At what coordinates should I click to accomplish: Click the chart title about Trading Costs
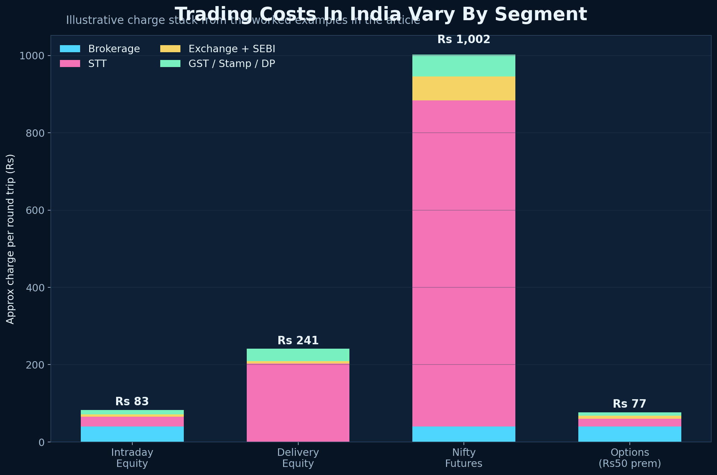tap(381, 14)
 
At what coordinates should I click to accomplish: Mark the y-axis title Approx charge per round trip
tap(10, 239)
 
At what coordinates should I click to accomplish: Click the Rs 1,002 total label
tap(464, 40)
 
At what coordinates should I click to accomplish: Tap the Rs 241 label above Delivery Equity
tap(298, 341)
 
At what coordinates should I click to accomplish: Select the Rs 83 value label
tap(132, 402)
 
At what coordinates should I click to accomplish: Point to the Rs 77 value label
tap(629, 404)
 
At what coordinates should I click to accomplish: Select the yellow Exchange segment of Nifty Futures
tap(464, 89)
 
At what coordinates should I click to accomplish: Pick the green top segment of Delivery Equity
tap(298, 355)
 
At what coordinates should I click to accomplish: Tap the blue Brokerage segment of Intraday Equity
tap(132, 434)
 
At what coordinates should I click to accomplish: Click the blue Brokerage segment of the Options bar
tap(629, 434)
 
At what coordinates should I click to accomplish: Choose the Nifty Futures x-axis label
tap(464, 458)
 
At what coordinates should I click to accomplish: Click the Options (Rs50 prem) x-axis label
tap(629, 458)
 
